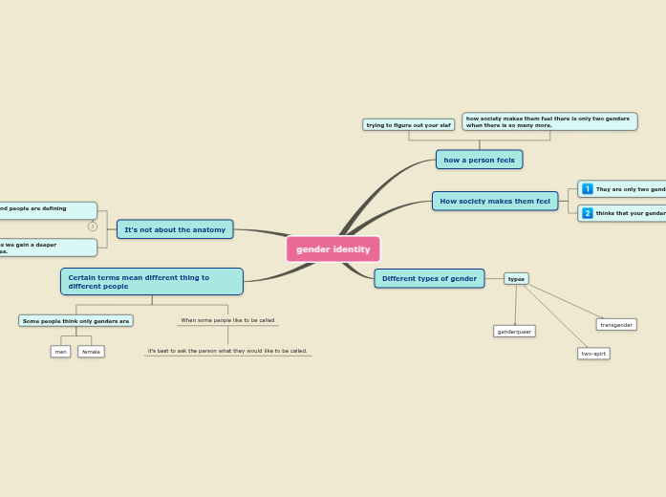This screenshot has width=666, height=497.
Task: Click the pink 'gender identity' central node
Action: (333, 249)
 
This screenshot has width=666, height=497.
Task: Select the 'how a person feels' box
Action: (479, 160)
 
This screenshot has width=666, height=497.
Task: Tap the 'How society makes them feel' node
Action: (494, 202)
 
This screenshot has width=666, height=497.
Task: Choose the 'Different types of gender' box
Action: (429, 279)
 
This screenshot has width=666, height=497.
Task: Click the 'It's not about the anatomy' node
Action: (175, 229)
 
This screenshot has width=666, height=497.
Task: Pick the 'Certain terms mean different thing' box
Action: (151, 282)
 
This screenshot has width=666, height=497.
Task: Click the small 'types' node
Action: (516, 279)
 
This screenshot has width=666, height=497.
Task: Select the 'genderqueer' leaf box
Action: (514, 332)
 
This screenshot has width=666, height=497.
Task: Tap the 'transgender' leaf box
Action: (616, 325)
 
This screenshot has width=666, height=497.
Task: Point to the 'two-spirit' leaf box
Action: (593, 354)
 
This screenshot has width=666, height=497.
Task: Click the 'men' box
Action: (61, 352)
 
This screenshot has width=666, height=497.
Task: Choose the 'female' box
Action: (91, 352)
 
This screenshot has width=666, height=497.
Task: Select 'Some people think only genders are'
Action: (75, 321)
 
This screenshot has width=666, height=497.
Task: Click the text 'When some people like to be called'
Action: (227, 320)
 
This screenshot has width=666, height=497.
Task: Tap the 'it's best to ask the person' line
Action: (227, 351)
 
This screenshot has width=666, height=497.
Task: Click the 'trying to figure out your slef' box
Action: (408, 125)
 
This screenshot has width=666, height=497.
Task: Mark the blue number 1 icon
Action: (588, 189)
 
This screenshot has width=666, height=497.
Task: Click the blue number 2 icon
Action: (588, 213)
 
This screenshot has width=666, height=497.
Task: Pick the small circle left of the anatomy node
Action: (93, 227)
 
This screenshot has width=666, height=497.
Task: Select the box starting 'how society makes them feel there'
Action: (548, 121)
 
